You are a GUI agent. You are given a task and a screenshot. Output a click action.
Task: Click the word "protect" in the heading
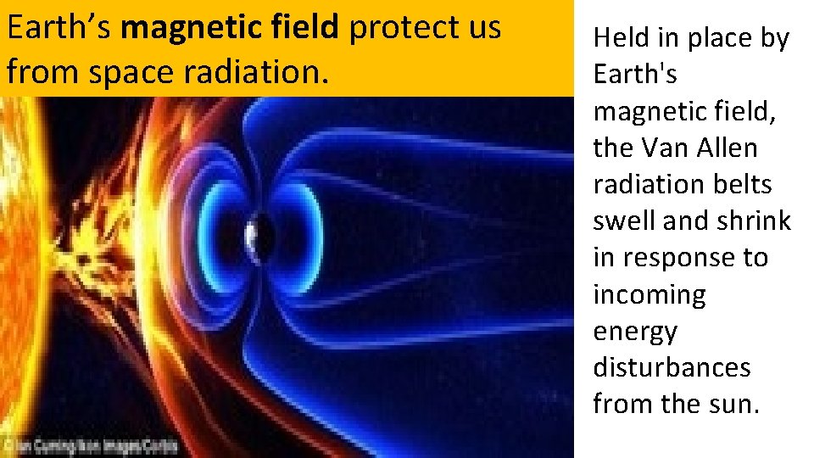point(399,28)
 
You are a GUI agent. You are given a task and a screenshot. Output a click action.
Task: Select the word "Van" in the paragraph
point(670,148)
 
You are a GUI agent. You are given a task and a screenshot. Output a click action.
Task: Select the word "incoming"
point(650,294)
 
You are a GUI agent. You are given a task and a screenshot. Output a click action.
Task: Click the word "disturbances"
point(672,367)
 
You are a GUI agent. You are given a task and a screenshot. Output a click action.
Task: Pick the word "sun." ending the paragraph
point(733,404)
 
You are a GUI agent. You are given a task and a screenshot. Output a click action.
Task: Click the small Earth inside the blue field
point(256,231)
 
